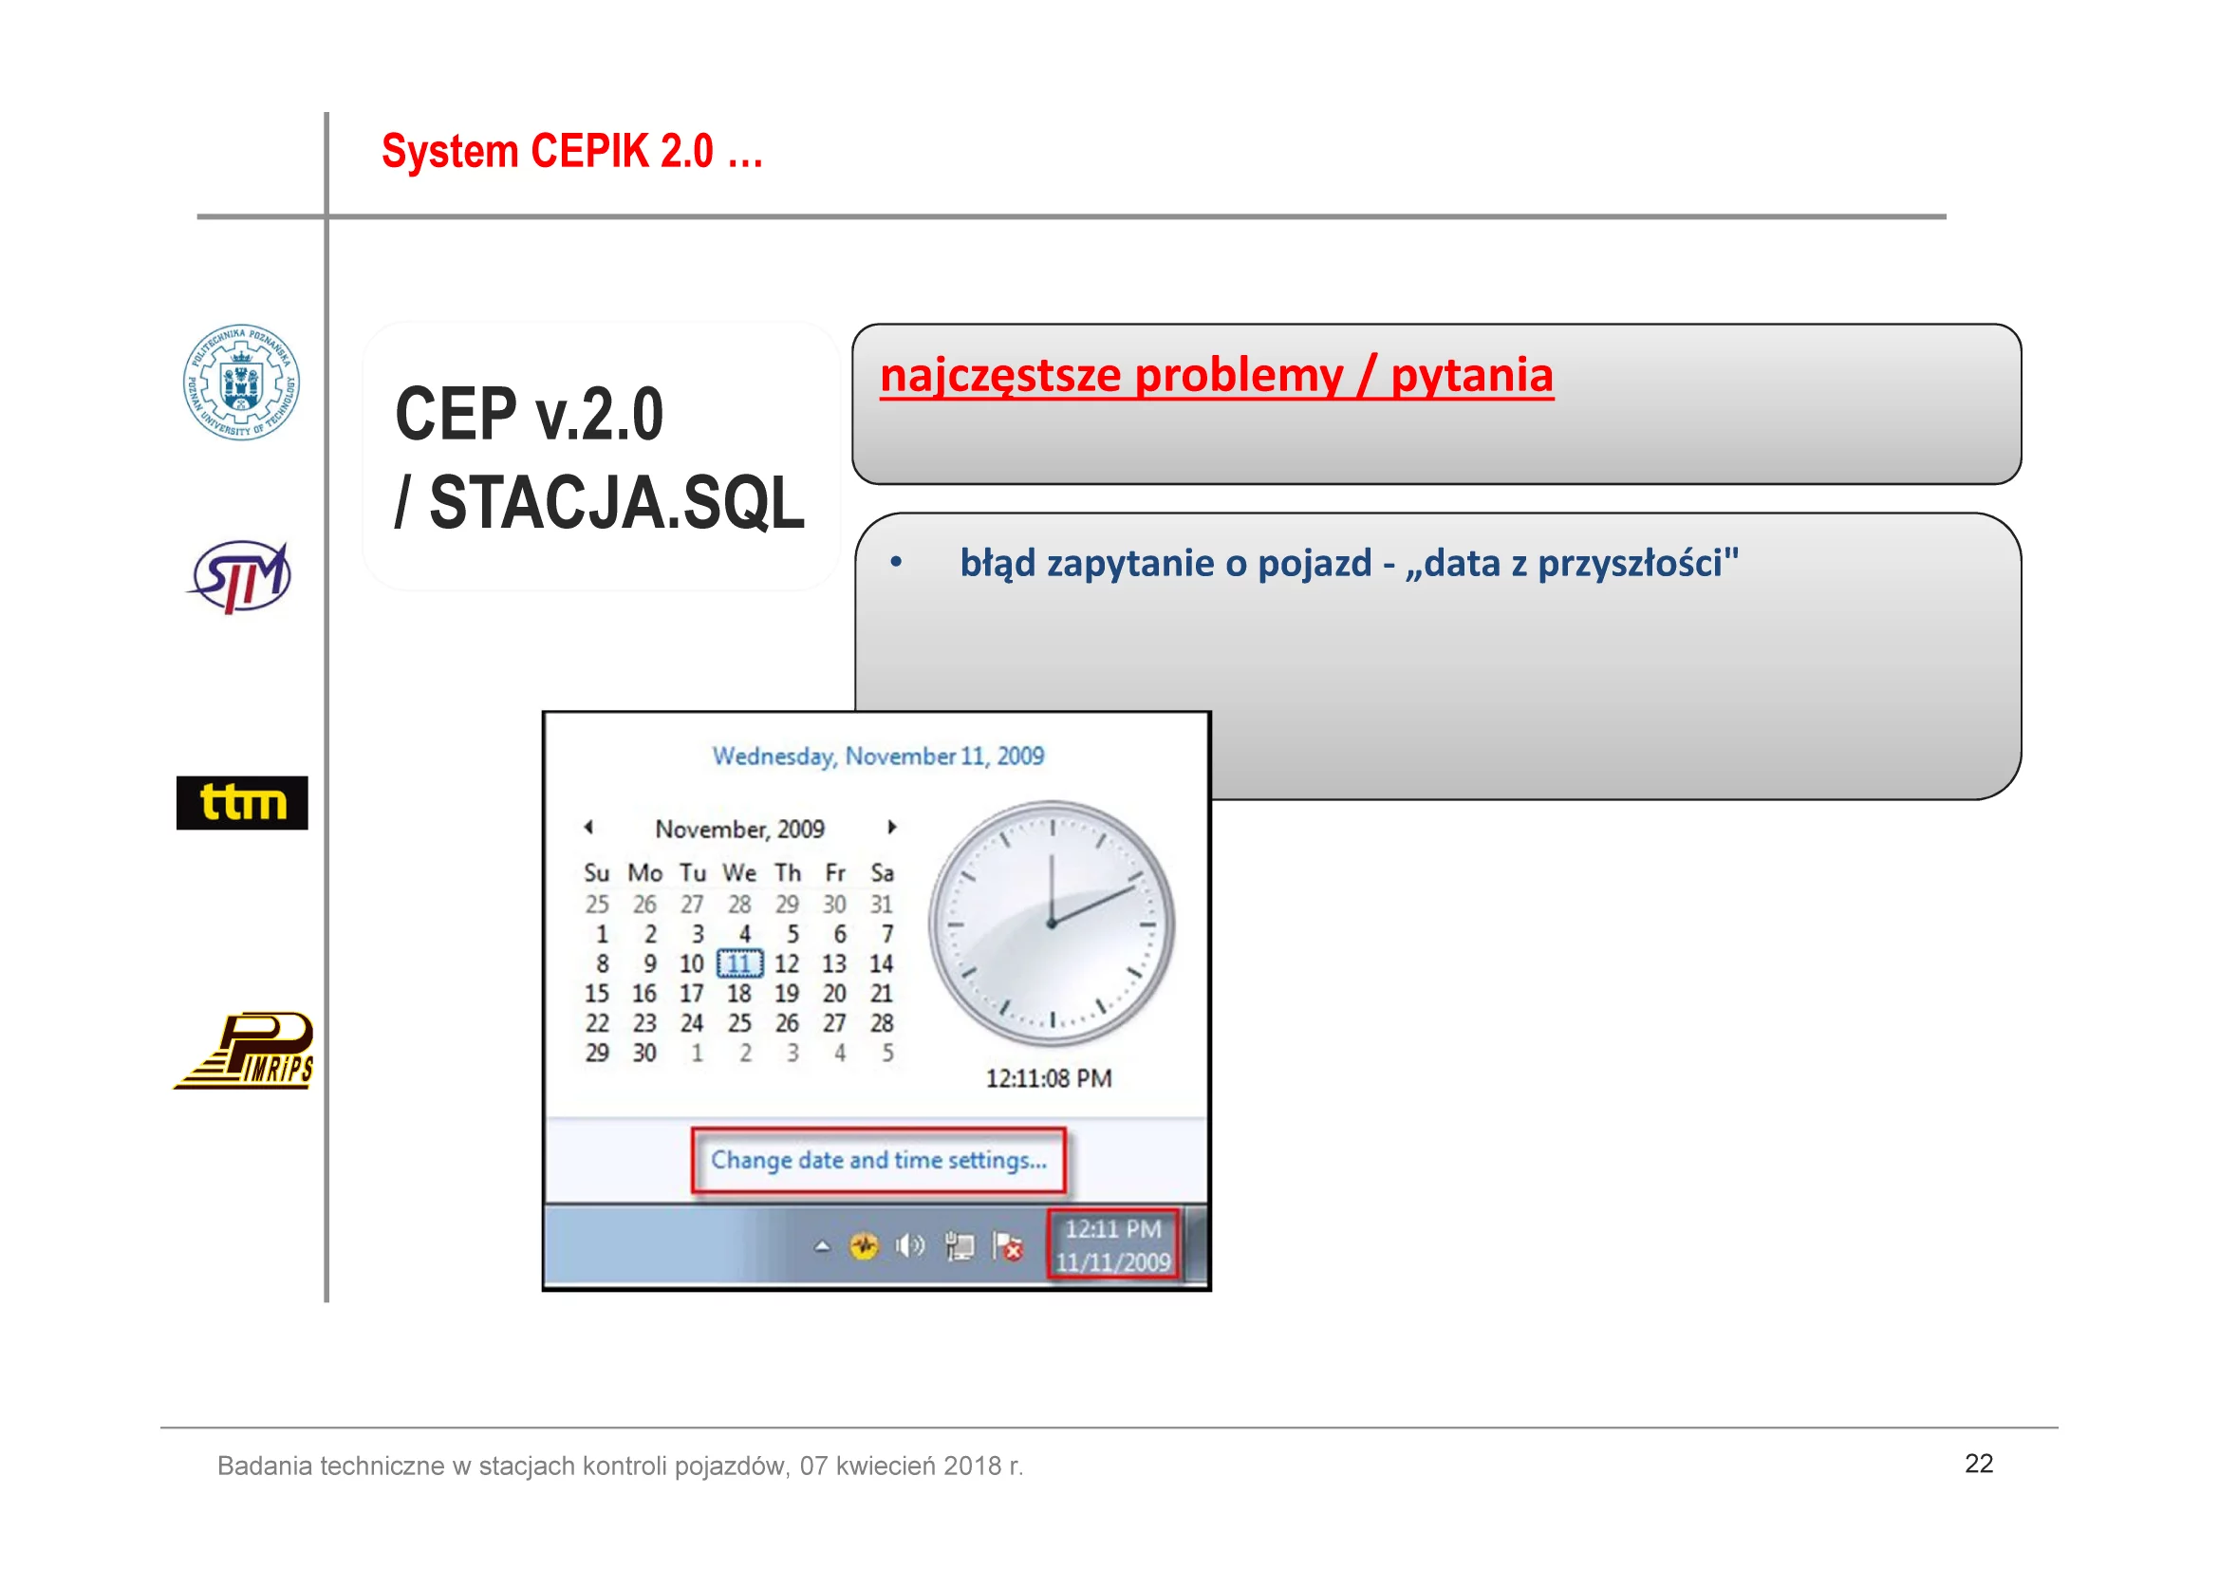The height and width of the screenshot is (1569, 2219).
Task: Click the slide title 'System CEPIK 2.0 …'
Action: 572,152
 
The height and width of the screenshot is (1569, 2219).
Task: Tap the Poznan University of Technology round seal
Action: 242,382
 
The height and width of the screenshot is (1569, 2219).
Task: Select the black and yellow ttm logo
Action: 242,802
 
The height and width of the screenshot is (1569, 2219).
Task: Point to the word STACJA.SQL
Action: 617,503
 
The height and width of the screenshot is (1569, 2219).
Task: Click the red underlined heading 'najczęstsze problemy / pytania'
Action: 1217,375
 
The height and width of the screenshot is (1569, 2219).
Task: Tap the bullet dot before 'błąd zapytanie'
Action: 896,562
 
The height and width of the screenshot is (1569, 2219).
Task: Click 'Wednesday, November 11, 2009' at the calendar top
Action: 879,756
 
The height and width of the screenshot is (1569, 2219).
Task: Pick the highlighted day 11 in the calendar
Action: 739,962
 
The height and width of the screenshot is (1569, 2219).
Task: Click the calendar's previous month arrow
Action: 587,827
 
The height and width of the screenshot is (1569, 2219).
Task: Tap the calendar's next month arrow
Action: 892,827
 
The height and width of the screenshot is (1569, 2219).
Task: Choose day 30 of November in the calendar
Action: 644,1052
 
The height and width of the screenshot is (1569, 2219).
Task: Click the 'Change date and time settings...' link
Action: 879,1160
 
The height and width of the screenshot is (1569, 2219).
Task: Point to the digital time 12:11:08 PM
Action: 1049,1078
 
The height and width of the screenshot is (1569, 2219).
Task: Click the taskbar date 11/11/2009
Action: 1112,1261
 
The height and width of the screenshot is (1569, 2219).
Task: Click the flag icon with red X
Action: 1008,1246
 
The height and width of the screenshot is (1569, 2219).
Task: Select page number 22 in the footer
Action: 1978,1464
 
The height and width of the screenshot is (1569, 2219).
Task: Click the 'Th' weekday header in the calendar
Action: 788,873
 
